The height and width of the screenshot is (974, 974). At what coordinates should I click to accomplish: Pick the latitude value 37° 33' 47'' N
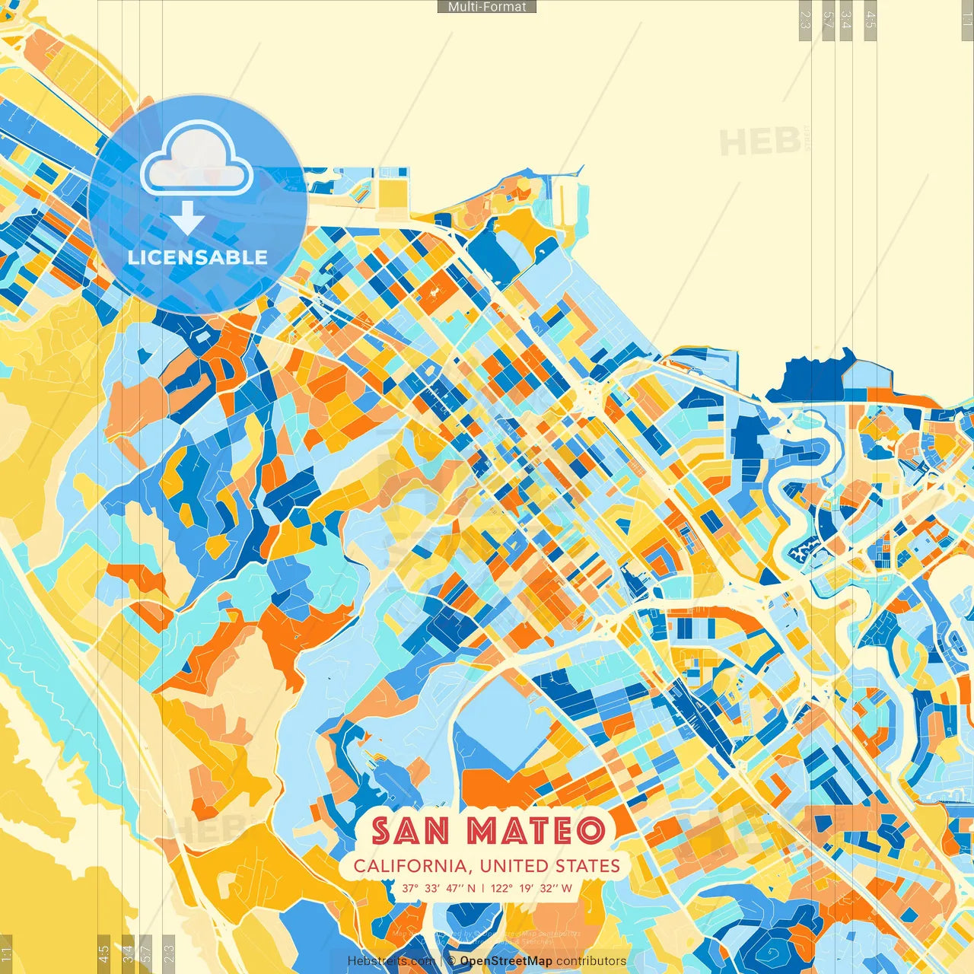(x=439, y=888)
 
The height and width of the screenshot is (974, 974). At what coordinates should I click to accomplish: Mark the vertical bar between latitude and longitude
(x=483, y=888)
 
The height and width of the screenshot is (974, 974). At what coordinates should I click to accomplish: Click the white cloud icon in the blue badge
(x=196, y=161)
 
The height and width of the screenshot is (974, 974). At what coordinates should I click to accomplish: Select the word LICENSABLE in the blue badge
(x=198, y=257)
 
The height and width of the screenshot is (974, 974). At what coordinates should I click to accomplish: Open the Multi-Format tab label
(x=487, y=7)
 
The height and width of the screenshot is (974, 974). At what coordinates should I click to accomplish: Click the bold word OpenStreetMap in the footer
(x=506, y=961)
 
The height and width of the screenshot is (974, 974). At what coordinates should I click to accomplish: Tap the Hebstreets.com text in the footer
(x=390, y=961)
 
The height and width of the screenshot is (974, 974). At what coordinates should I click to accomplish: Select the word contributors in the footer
(x=591, y=961)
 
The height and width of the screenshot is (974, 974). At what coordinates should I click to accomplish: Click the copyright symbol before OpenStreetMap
(x=451, y=961)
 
